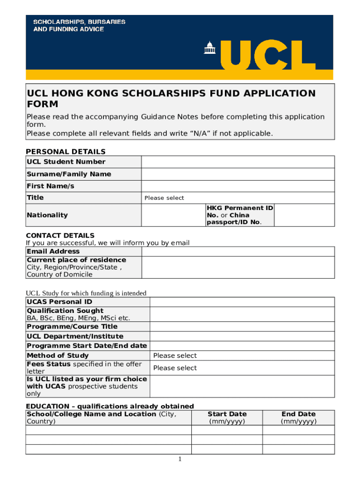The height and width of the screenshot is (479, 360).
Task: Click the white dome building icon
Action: tap(209, 48)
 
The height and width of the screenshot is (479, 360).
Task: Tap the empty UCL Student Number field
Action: tap(238, 162)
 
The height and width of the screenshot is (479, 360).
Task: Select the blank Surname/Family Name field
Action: tap(238, 174)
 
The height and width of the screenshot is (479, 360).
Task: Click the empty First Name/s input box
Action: tap(238, 186)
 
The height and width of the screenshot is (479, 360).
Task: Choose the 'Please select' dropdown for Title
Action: tap(165, 198)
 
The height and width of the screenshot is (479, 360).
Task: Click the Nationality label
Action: tap(47, 215)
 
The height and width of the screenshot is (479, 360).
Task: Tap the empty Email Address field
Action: tap(238, 251)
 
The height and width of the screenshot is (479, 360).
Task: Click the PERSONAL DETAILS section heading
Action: tap(65, 152)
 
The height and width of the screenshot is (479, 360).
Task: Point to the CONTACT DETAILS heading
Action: tap(60, 235)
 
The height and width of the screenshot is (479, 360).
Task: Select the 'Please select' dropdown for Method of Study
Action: tap(175, 356)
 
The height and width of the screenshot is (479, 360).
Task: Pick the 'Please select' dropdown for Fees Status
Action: tap(175, 368)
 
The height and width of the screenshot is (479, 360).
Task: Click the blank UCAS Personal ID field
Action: tap(242, 302)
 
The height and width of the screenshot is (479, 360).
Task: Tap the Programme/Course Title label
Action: tap(72, 327)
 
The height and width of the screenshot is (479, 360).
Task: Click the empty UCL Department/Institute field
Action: tap(242, 336)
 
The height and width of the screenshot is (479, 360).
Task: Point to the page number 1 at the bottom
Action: tap(180, 459)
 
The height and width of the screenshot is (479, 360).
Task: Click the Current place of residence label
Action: tap(76, 260)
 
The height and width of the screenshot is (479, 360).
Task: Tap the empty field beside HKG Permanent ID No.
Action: tap(304, 215)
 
